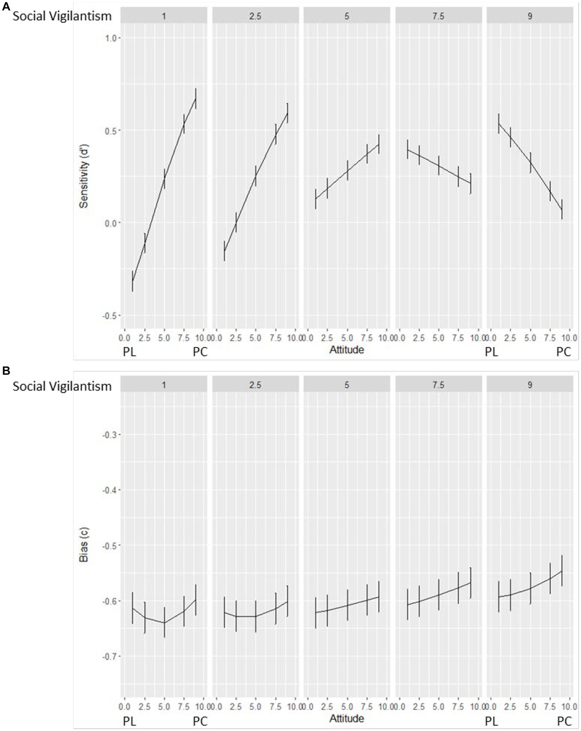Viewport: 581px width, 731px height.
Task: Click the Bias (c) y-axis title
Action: point(84,545)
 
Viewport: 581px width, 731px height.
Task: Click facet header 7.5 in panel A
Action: point(438,16)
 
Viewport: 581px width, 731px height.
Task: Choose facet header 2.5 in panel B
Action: point(255,385)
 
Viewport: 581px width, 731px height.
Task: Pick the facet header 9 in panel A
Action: point(530,16)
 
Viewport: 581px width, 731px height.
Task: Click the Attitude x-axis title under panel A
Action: point(346,350)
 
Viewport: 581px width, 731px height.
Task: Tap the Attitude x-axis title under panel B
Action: point(346,718)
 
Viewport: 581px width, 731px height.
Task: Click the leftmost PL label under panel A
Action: point(129,352)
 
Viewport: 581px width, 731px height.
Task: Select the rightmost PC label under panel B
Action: point(564,722)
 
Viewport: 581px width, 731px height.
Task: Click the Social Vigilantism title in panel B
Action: point(62,386)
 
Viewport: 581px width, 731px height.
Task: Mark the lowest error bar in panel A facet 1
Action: point(132,281)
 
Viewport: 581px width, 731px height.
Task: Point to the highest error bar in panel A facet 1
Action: point(196,99)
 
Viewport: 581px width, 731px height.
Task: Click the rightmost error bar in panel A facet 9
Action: point(562,209)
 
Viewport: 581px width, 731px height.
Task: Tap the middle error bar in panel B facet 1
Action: point(164,622)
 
